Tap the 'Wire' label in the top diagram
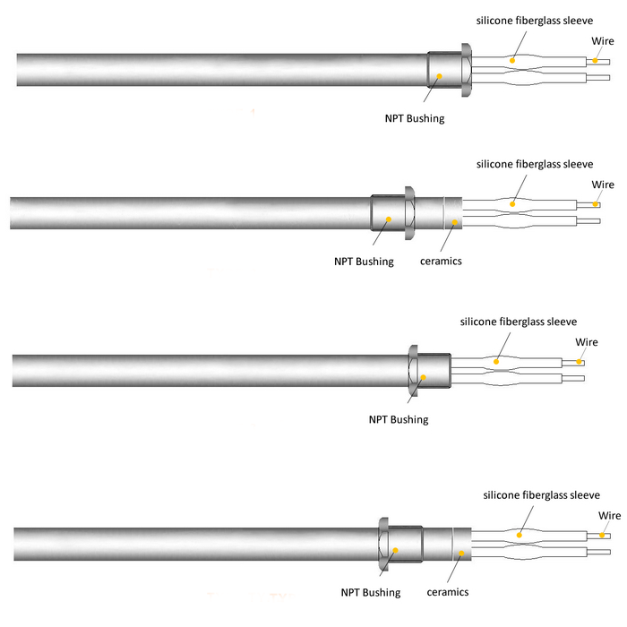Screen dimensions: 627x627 coord(603,41)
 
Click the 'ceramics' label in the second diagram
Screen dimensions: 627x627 coord(441,262)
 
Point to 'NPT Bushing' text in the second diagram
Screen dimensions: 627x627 coord(363,262)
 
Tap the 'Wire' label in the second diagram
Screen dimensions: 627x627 coord(603,185)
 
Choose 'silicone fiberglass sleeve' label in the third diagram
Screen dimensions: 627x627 coord(519,321)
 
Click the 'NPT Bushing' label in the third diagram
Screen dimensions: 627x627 coord(399,419)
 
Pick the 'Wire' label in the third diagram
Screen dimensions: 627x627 coord(587,342)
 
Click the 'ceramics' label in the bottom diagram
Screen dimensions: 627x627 coord(447,592)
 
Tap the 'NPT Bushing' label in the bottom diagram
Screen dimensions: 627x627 coord(370,592)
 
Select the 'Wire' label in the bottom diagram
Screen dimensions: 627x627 coord(610,516)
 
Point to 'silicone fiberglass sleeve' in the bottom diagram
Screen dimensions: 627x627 coord(541,494)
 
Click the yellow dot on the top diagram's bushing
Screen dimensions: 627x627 coord(439,78)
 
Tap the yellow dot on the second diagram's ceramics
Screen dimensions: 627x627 coord(455,220)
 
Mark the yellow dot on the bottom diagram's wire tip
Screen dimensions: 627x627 coord(603,536)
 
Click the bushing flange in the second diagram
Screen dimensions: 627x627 coord(409,212)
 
